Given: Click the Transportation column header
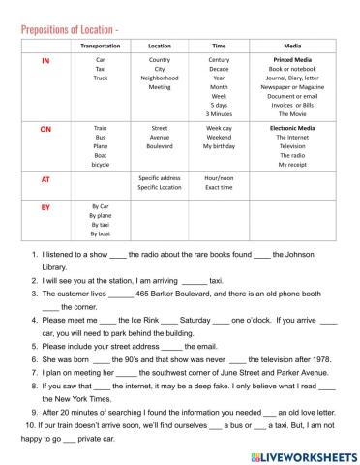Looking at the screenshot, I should coord(101,46).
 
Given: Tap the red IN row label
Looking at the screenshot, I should coord(44,60).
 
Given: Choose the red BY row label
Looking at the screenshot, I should coord(44,207).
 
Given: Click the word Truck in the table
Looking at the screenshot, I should coord(101,78).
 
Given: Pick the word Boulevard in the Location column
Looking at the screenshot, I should coord(160,145).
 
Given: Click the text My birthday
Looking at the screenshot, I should coord(220,145).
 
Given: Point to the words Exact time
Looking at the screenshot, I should coord(220,188).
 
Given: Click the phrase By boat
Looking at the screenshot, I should coord(101,233).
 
